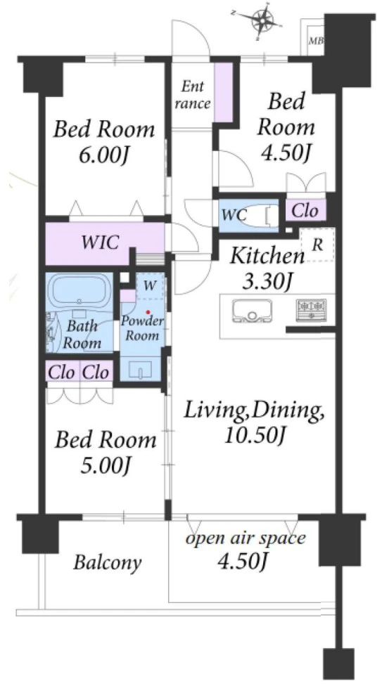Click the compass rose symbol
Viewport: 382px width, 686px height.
[262, 20]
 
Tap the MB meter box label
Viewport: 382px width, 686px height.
[317, 41]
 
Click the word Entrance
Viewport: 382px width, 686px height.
[193, 95]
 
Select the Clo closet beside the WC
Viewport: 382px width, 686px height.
[305, 211]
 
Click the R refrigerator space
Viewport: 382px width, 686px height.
[317, 245]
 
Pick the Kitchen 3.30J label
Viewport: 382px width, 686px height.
[267, 269]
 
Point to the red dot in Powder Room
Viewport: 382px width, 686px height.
[148, 312]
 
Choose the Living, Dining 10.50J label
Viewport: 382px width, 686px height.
[254, 422]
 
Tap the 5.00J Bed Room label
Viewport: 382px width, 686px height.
[105, 453]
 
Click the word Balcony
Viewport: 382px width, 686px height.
[108, 563]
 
